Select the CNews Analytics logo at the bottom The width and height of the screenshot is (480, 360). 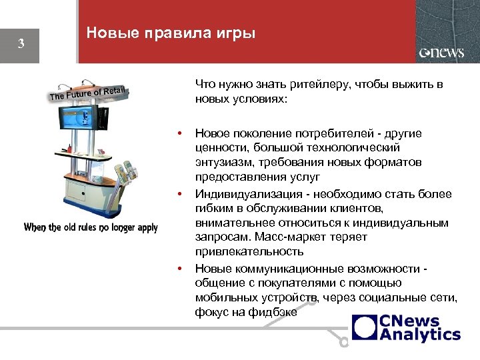(406, 328)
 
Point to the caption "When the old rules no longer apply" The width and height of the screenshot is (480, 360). (91, 227)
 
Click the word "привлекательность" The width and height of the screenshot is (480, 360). (249, 252)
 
